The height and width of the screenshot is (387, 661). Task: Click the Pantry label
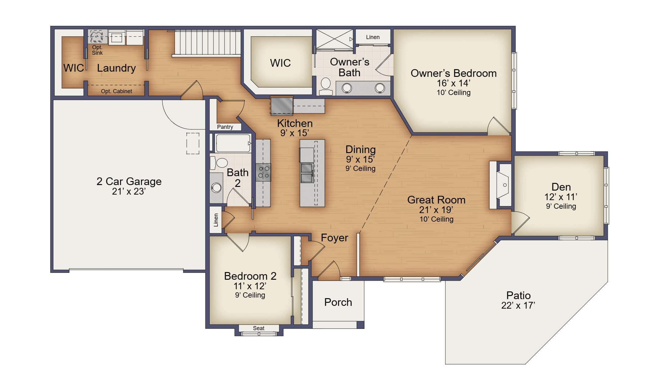pyautogui.click(x=225, y=127)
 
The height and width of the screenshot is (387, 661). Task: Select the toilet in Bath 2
pyautogui.click(x=219, y=163)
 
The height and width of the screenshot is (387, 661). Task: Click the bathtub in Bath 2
pyautogui.click(x=233, y=143)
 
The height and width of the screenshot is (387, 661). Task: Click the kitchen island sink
pyautogui.click(x=307, y=173)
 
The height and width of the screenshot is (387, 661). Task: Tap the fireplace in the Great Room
pyautogui.click(x=501, y=185)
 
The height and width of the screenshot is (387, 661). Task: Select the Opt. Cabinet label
pyautogui.click(x=116, y=91)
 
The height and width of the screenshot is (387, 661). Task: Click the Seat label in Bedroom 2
pyautogui.click(x=259, y=328)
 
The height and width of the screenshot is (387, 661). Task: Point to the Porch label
pyautogui.click(x=338, y=302)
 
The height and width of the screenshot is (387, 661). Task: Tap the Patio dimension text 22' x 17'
pyautogui.click(x=518, y=306)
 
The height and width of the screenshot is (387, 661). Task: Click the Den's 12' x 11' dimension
pyautogui.click(x=561, y=197)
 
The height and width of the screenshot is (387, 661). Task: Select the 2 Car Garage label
pyautogui.click(x=129, y=181)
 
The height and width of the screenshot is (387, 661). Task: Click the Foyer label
pyautogui.click(x=334, y=238)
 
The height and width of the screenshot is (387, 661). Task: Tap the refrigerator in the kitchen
pyautogui.click(x=282, y=106)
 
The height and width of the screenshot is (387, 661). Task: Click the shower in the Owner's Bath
pyautogui.click(x=335, y=39)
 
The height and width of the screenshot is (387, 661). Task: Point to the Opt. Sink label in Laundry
pyautogui.click(x=97, y=50)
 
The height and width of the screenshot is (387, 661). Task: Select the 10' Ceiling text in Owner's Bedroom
pyautogui.click(x=453, y=93)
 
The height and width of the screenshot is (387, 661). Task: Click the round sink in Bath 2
pyautogui.click(x=216, y=188)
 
